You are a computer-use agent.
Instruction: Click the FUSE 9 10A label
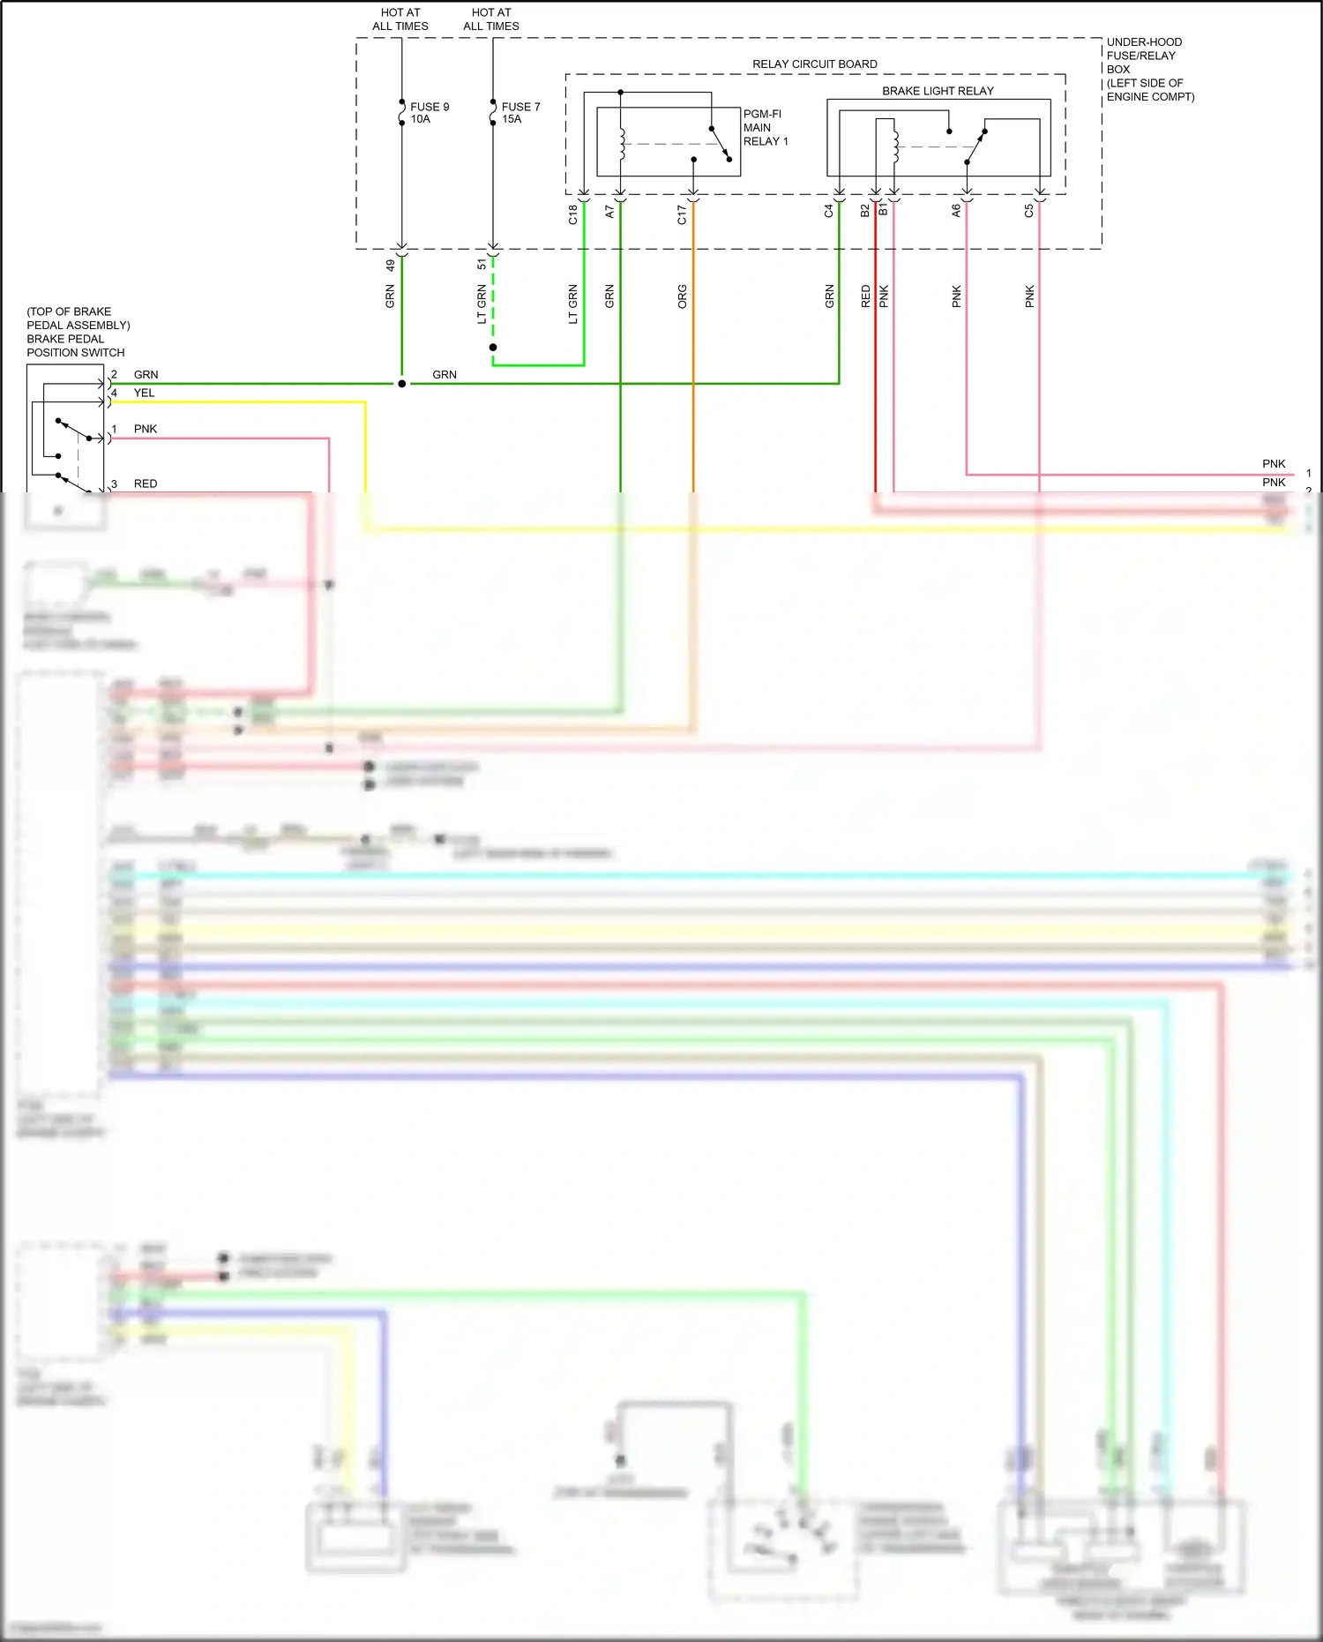point(429,113)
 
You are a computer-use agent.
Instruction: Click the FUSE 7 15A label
point(520,113)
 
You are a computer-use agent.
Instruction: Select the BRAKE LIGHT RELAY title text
point(938,91)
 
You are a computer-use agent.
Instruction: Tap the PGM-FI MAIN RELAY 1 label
point(765,128)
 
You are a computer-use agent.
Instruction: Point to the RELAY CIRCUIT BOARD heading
point(814,64)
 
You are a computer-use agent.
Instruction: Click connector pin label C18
point(572,214)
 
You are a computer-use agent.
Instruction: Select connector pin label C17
point(682,214)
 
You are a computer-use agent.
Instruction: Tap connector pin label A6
point(956,211)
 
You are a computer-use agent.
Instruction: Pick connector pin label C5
point(1029,211)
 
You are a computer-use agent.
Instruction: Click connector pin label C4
point(829,211)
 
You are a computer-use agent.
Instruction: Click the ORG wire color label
point(682,296)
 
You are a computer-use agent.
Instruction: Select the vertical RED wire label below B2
point(865,296)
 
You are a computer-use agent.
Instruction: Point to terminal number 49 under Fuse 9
point(391,265)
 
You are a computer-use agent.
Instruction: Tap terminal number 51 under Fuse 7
point(482,264)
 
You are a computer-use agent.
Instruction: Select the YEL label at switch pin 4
point(144,393)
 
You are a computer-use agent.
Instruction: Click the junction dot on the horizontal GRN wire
point(402,384)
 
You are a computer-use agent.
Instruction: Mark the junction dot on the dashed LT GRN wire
point(493,348)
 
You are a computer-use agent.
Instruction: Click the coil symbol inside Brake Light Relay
point(896,146)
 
